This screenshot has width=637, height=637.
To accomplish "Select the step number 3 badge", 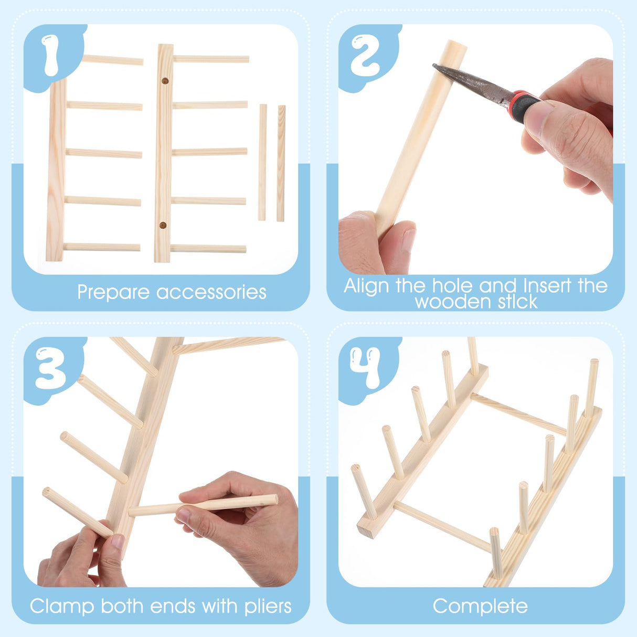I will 51,368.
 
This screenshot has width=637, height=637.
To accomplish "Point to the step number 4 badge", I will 366,368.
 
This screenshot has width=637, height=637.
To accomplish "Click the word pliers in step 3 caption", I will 268,607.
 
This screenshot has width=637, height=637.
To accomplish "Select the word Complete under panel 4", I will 480,607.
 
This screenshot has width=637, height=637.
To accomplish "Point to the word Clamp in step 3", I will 62,607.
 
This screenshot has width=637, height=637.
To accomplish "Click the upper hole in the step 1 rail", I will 164,82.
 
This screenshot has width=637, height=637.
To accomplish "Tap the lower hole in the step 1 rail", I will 163,226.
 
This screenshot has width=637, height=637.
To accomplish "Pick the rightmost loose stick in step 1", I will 281,163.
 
